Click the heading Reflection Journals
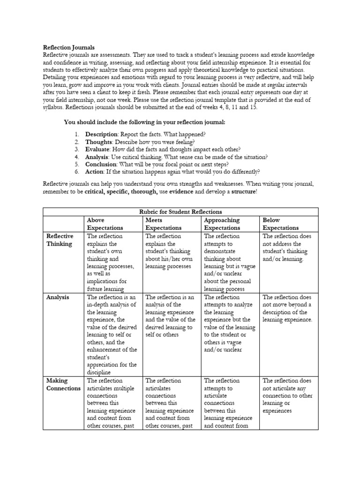[69, 47]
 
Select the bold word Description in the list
[100, 135]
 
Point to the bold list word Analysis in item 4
[97, 157]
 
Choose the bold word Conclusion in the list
[100, 165]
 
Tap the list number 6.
[76, 172]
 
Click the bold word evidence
[182, 192]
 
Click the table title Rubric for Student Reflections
[180, 212]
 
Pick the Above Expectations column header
[105, 224]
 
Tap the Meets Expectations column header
[163, 224]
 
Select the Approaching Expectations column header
[222, 224]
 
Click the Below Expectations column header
[280, 224]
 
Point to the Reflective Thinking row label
[59, 240]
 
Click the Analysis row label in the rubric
[58, 297]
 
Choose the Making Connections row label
[63, 384]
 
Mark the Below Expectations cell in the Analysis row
[287, 308]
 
